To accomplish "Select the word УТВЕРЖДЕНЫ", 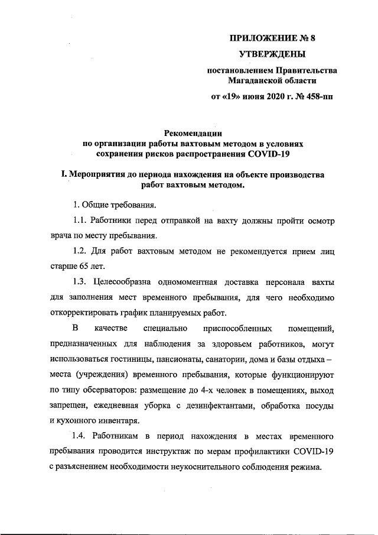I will pyautogui.click(x=272, y=55).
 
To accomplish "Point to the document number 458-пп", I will pyautogui.click(x=307, y=96).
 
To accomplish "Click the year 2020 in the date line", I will pyautogui.click(x=267, y=96).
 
